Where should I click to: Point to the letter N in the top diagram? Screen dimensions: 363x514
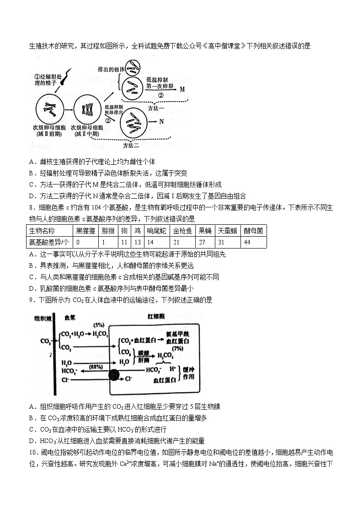(x=161, y=122)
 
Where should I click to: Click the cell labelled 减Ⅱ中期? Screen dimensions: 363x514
(x=87, y=110)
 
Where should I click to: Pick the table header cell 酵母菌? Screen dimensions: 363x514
(x=253, y=230)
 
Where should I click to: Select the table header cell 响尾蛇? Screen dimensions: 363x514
(x=156, y=230)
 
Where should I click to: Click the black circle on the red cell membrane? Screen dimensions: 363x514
(x=114, y=376)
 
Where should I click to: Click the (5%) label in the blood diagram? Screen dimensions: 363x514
(x=99, y=325)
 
